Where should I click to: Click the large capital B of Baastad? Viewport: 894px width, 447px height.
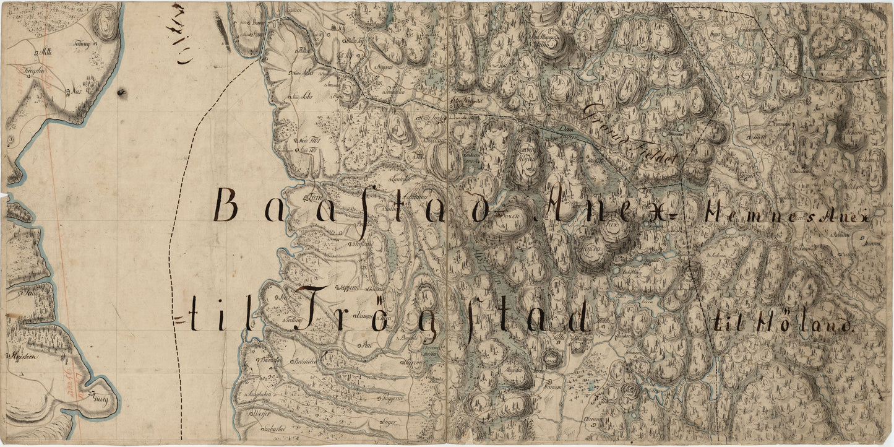pos(226,206)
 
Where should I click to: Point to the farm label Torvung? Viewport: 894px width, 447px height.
pos(82,44)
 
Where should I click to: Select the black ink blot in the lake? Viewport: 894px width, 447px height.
pos(121,93)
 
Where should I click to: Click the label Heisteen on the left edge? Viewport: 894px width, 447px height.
pos(21,356)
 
